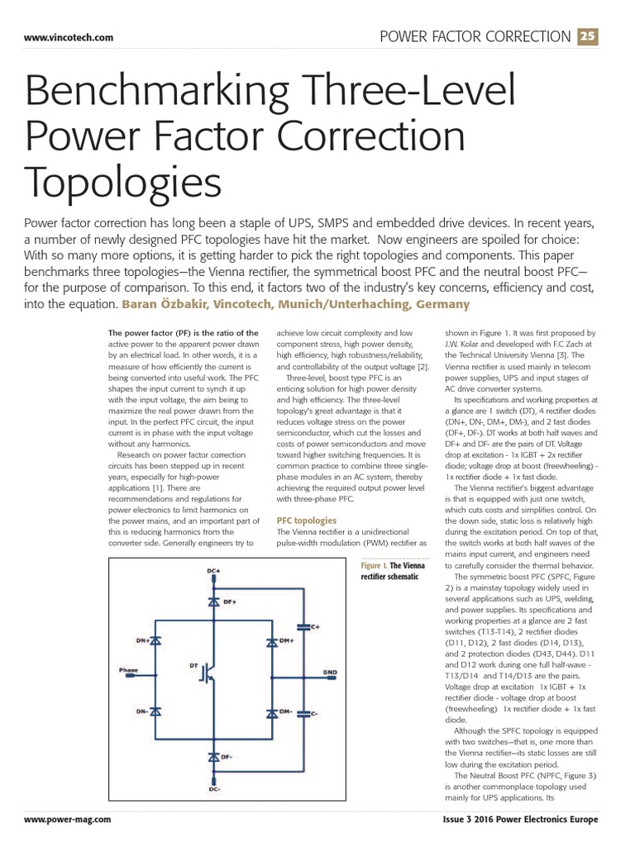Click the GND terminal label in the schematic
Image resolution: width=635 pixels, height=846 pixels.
tap(330, 672)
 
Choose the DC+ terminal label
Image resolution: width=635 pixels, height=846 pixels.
tap(212, 571)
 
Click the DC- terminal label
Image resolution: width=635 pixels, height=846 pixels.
tap(212, 790)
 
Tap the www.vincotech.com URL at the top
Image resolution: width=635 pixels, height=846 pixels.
tap(69, 38)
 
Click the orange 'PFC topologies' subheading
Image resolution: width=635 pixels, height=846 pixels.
tap(307, 520)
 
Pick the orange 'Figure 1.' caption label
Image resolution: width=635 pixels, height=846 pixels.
tap(376, 565)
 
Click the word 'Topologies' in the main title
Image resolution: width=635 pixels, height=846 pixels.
tap(124, 179)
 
